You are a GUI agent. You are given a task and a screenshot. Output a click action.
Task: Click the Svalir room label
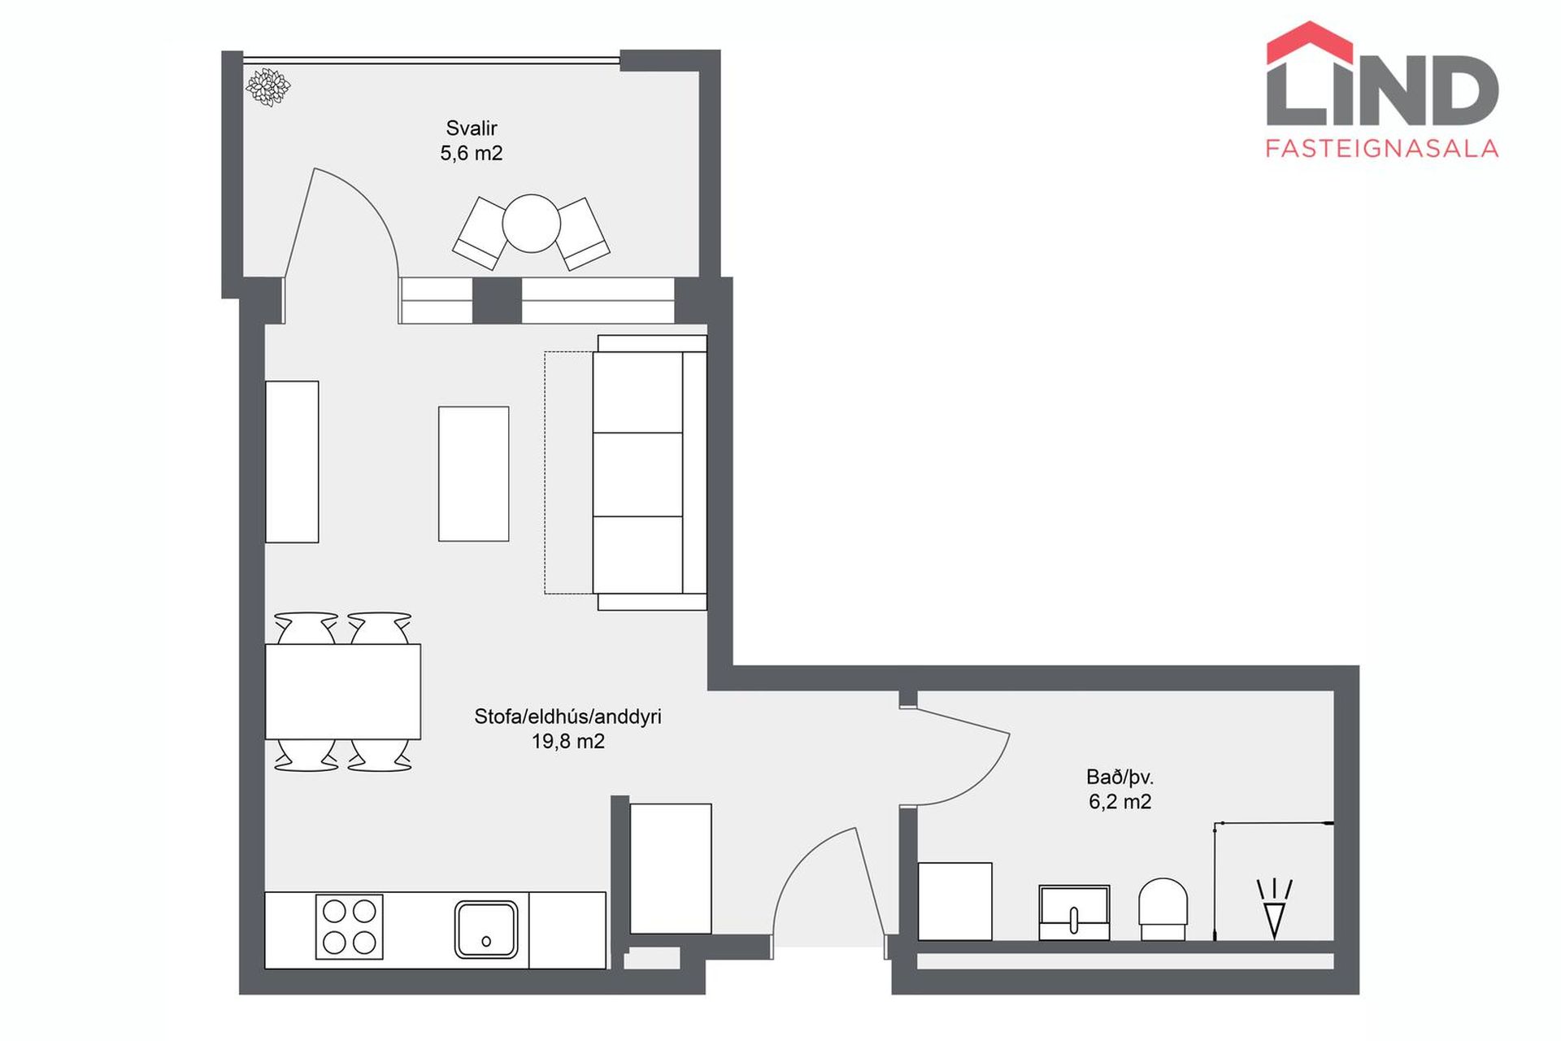471,128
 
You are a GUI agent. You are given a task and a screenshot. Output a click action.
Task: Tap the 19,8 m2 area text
568,742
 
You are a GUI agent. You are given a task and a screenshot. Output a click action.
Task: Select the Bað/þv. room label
1120,777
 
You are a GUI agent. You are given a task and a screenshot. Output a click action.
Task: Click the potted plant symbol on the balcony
267,86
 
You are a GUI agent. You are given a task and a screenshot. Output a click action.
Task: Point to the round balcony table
532,223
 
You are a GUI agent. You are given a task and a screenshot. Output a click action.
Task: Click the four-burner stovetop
350,926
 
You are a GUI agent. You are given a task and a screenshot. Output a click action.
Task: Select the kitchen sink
486,929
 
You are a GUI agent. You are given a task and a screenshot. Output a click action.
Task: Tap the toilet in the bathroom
1163,909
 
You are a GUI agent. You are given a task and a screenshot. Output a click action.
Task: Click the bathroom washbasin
1074,913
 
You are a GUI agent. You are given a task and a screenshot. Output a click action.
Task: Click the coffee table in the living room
473,474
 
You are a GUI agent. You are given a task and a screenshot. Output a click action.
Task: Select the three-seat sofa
650,473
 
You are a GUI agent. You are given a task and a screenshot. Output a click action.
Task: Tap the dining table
342,691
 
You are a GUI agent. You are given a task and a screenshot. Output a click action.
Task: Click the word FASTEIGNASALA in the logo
1382,148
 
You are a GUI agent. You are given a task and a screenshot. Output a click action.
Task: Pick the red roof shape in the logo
1310,44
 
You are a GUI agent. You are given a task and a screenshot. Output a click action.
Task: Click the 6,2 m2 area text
1120,802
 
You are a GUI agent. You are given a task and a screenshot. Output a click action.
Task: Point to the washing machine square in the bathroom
954,901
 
